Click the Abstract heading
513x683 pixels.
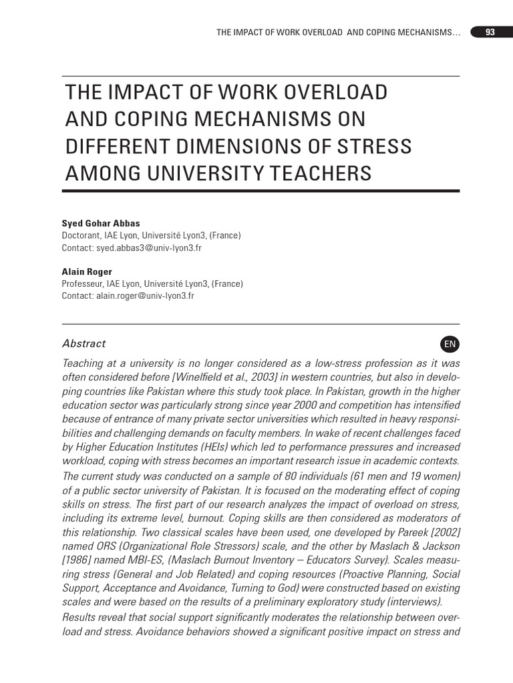click(83, 344)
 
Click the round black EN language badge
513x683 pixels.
click(450, 344)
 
